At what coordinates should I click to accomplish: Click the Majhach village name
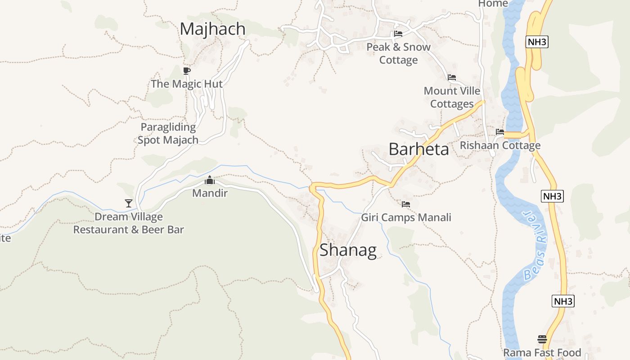213,29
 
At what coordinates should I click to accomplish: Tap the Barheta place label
418,149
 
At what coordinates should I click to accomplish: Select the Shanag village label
348,250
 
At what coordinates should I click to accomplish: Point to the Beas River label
535,245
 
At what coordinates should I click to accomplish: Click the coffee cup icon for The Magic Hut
187,71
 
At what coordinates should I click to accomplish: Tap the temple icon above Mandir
210,180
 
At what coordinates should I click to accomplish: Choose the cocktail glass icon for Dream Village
129,203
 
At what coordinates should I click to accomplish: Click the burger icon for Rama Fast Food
542,339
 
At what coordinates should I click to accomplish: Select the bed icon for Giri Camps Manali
406,204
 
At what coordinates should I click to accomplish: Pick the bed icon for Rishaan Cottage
500,132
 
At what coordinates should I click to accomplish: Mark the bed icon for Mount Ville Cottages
452,77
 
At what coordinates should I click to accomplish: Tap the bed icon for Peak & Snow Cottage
398,33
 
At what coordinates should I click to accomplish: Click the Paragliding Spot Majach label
168,133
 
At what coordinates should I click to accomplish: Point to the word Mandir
210,193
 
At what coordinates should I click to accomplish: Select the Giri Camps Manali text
406,218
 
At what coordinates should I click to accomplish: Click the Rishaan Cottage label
500,145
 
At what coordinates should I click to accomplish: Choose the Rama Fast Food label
542,352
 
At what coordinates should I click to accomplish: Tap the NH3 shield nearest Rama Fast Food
563,301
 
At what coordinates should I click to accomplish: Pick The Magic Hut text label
187,84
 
